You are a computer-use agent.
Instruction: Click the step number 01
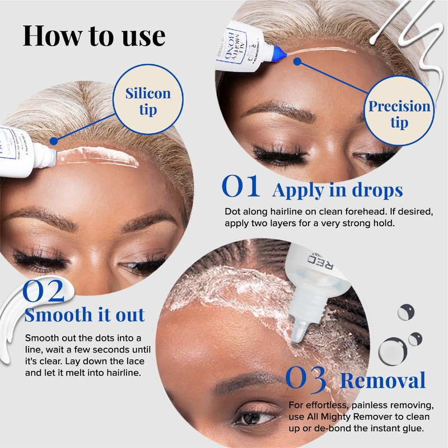[x=241, y=188]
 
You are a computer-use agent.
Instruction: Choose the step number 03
[x=306, y=379]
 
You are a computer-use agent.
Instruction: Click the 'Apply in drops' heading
[x=337, y=190]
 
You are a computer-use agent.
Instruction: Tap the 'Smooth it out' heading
[x=85, y=314]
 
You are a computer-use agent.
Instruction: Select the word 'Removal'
[x=382, y=381]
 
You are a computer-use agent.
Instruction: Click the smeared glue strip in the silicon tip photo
[x=98, y=158]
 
